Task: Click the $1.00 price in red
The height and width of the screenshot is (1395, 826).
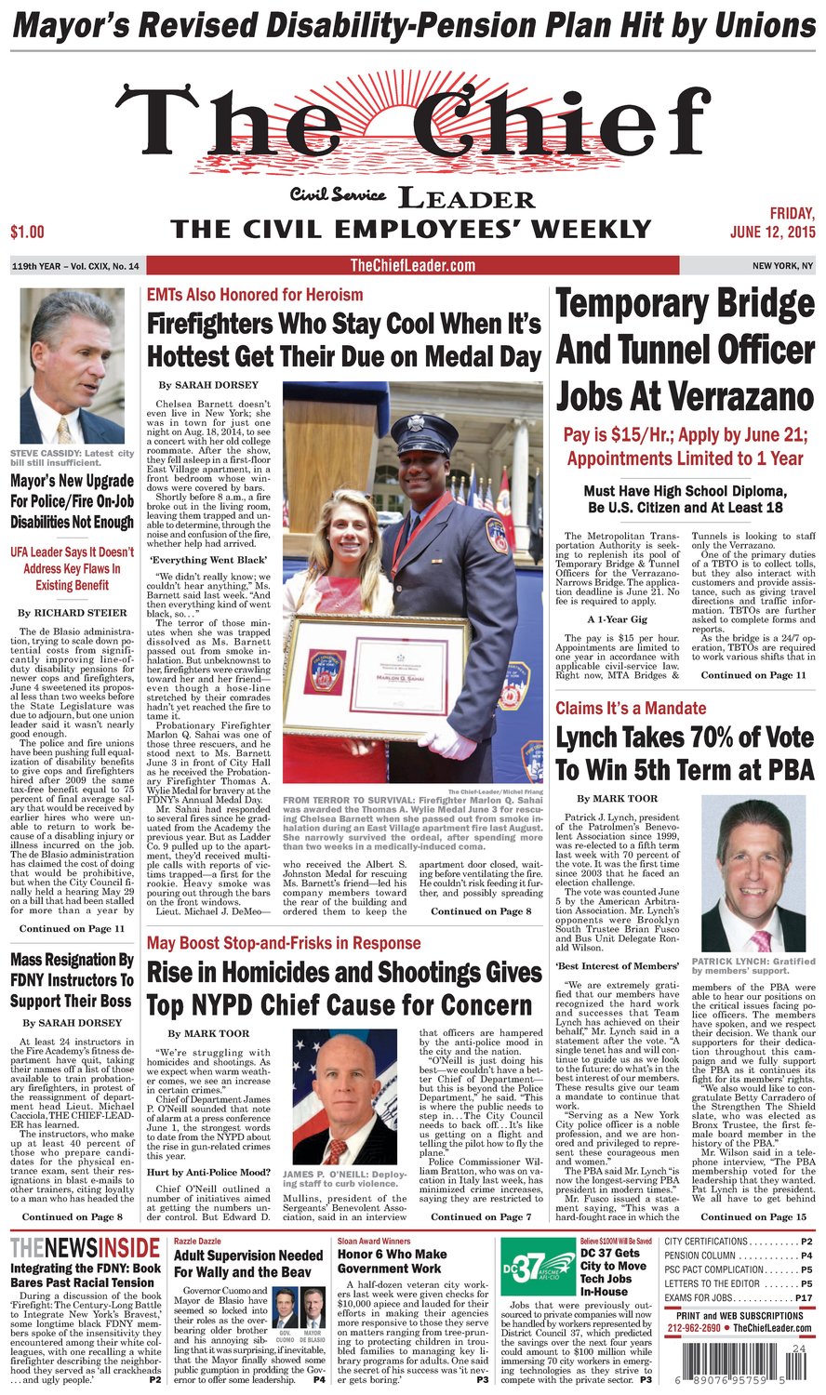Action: [x=27, y=231]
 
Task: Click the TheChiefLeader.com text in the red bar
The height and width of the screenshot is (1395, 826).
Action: [x=412, y=266]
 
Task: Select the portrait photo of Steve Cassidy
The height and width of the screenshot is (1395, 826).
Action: [x=73, y=366]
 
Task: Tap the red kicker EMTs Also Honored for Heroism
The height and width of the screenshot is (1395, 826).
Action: [x=255, y=295]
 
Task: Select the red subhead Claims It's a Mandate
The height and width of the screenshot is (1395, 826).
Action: [x=631, y=708]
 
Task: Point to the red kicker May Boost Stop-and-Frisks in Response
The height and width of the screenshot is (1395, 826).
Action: [x=284, y=943]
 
